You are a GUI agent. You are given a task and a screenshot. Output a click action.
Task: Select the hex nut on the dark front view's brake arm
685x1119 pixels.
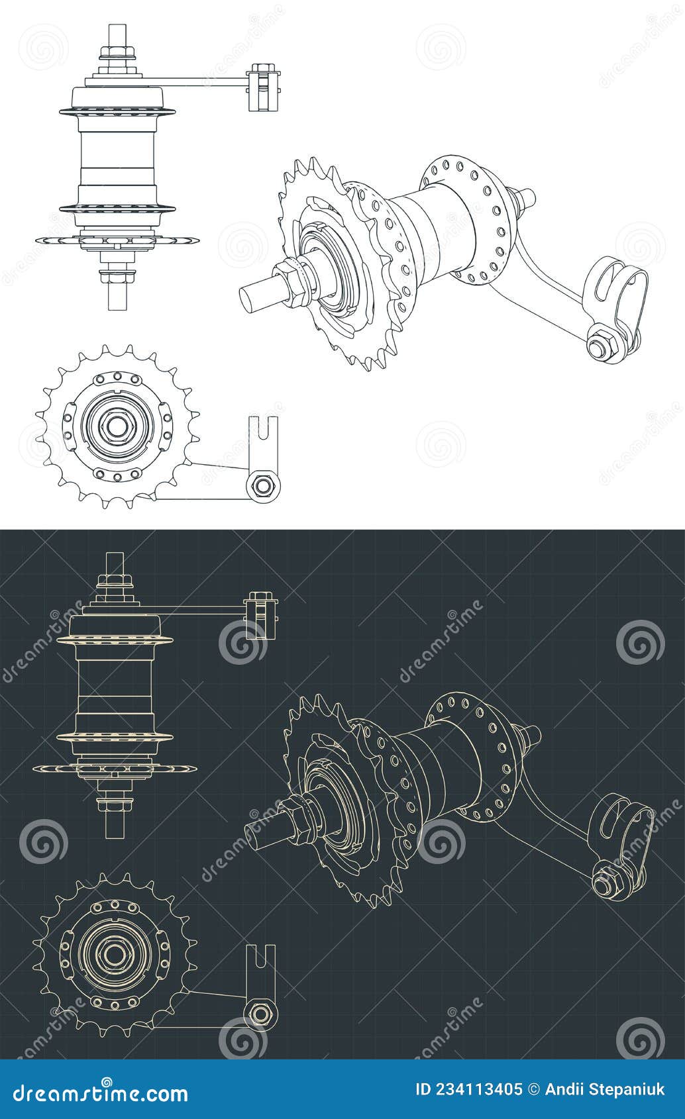click(260, 1012)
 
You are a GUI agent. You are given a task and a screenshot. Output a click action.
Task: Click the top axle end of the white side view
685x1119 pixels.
click(117, 33)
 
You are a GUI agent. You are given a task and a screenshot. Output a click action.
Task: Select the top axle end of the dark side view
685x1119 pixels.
click(115, 561)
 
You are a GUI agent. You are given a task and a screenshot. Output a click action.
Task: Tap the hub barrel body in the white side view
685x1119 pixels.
click(117, 159)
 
